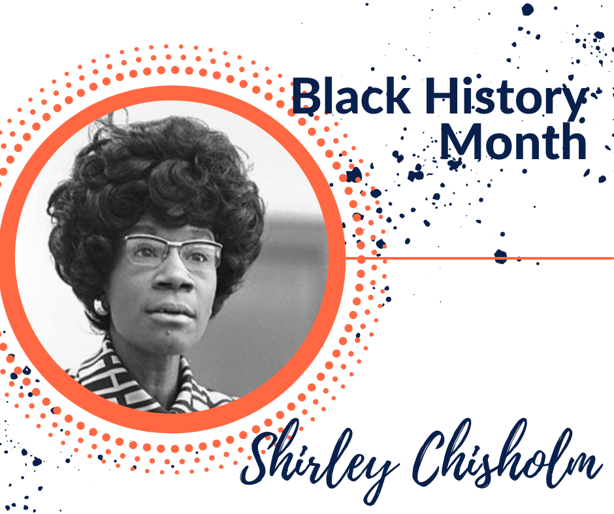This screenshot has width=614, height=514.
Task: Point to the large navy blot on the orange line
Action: pos(500,256)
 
